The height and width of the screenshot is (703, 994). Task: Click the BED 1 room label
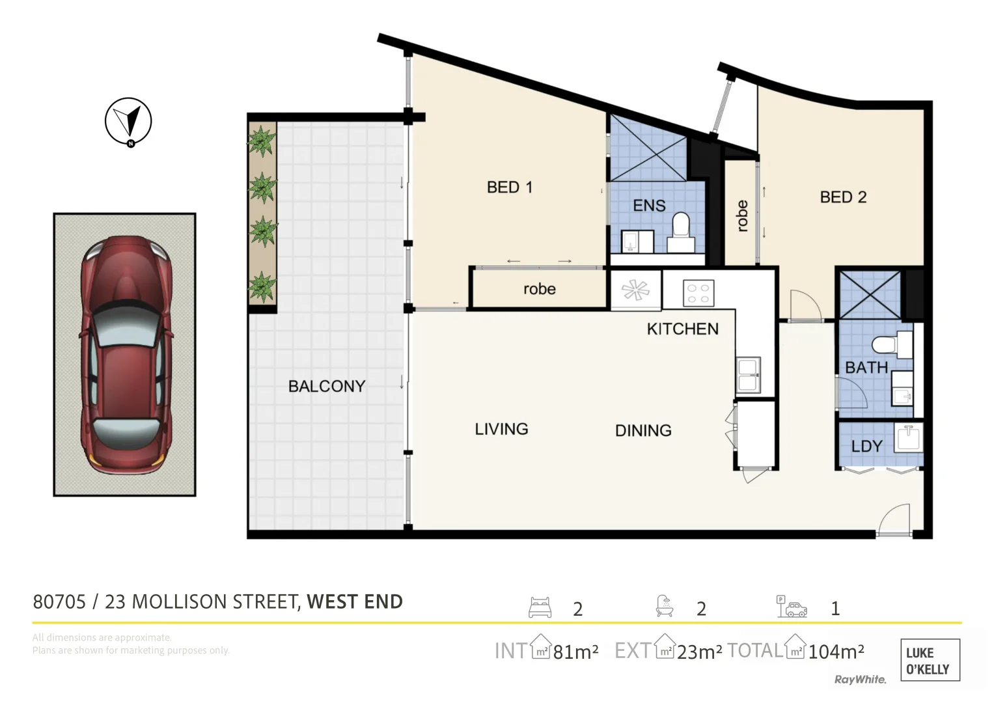(510, 187)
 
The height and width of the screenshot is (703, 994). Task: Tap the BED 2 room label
(843, 197)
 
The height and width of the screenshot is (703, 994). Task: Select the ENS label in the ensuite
(649, 206)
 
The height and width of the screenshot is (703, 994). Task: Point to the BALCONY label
(327, 386)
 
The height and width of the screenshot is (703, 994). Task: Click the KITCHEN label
(682, 329)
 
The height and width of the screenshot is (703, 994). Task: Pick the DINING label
(643, 430)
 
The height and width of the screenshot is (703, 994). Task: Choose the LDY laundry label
(866, 446)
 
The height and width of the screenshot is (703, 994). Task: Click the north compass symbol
(128, 122)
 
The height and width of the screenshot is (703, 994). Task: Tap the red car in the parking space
(126, 355)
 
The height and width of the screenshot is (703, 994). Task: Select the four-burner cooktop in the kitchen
(698, 293)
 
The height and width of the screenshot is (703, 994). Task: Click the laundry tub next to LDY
(908, 437)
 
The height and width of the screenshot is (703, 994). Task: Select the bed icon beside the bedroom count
(540, 607)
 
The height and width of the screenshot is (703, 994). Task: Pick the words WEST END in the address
(355, 602)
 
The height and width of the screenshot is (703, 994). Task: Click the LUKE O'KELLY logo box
(930, 660)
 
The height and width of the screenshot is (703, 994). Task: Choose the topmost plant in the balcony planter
(261, 141)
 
